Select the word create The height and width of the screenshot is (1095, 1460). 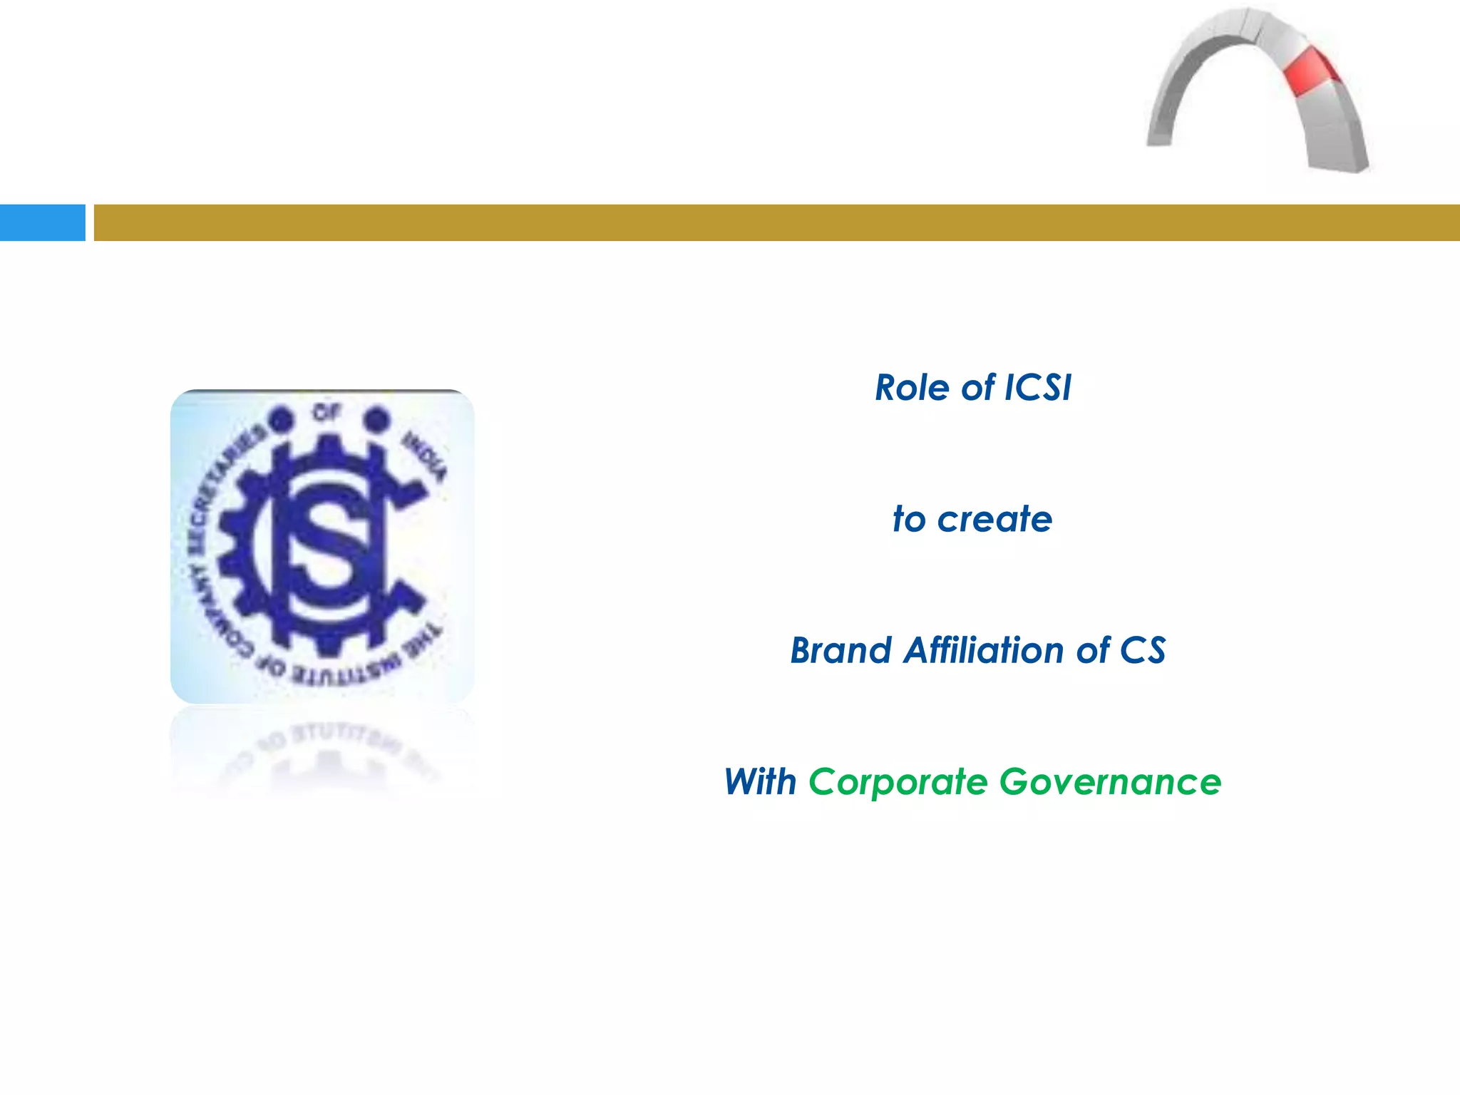994,520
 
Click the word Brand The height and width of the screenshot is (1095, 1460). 840,651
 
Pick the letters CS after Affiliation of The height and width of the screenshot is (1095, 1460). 1142,651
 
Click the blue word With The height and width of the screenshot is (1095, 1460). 760,782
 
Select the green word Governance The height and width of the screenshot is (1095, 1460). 1110,782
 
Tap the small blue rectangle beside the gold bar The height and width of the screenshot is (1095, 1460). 42,222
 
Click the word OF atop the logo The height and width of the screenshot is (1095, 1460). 327,412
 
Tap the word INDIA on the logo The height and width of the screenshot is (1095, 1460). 425,456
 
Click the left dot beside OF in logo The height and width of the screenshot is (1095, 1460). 282,418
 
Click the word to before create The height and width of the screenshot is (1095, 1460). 909,520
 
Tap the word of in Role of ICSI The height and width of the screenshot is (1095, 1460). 977,389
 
